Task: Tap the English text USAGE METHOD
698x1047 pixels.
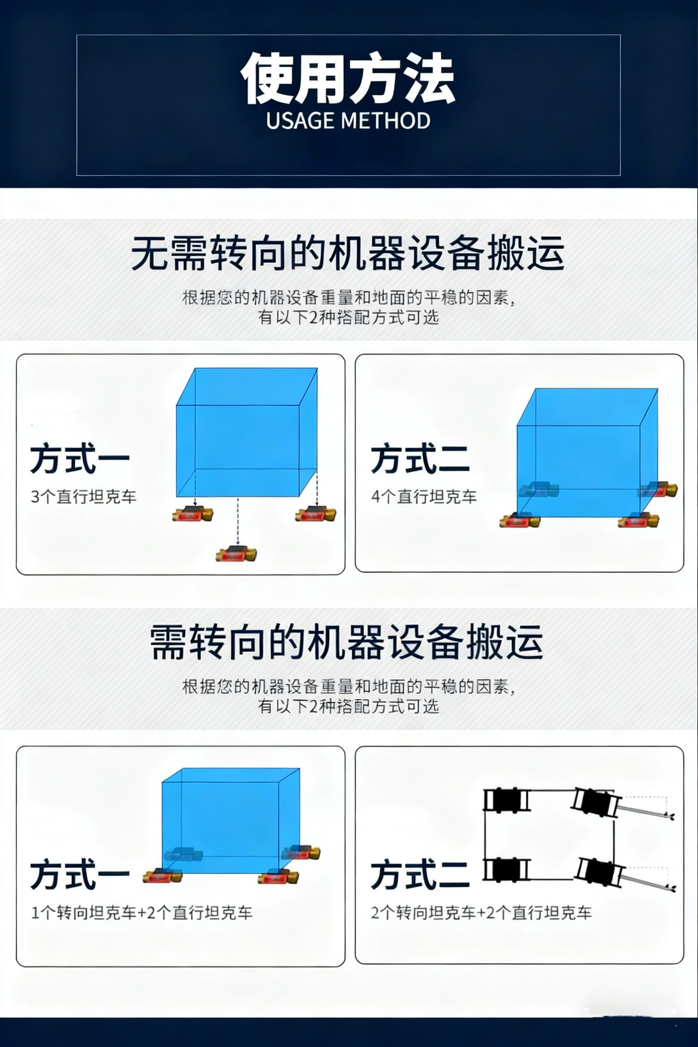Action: tap(348, 121)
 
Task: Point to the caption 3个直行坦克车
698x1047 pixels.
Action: tap(83, 496)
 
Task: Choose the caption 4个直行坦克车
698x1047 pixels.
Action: tap(424, 496)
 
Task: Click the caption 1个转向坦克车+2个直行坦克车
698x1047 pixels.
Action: tap(142, 913)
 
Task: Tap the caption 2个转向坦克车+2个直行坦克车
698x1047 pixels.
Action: tap(481, 913)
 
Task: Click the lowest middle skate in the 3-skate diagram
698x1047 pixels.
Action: tap(236, 554)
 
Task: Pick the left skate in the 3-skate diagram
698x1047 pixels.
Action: tap(192, 514)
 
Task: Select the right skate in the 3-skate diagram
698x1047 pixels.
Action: tap(316, 514)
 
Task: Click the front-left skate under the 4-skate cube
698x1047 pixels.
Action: tap(519, 521)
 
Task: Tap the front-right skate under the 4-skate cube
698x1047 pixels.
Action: tap(638, 521)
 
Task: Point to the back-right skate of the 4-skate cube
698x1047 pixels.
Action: tap(658, 490)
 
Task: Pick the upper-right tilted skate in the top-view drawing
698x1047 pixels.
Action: tap(595, 802)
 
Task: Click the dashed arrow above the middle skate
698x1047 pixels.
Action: tap(238, 521)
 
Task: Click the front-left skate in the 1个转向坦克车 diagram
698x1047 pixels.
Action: tap(162, 875)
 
